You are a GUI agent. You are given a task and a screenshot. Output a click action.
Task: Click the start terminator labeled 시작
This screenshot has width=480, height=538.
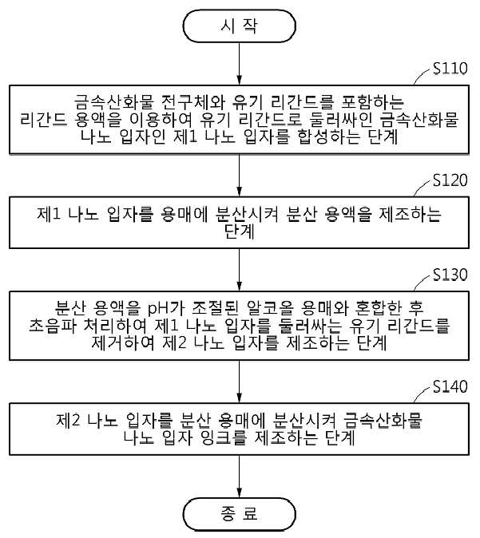(240, 26)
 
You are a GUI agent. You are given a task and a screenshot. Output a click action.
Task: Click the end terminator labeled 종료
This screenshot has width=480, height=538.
(240, 514)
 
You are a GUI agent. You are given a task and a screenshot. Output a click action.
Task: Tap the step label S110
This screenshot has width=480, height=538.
(450, 69)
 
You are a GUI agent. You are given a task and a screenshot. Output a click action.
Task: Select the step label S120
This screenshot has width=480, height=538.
(450, 180)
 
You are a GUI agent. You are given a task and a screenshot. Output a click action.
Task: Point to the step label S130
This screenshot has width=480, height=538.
(450, 275)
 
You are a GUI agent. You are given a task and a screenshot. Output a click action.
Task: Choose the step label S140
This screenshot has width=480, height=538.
(450, 386)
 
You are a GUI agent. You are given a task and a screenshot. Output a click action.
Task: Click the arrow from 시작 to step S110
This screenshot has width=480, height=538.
(240, 64)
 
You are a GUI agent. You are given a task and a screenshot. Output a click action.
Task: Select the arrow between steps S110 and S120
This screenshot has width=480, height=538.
(240, 176)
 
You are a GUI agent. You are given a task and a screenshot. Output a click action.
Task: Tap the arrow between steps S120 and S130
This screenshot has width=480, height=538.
(240, 270)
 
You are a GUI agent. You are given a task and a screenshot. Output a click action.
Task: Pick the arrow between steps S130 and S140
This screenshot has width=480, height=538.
(240, 382)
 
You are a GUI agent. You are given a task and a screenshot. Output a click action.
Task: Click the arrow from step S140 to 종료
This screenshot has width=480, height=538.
(240, 477)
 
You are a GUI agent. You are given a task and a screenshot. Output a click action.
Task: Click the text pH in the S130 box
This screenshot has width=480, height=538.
(157, 309)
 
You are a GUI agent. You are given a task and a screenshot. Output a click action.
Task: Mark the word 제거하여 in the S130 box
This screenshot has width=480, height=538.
(122, 342)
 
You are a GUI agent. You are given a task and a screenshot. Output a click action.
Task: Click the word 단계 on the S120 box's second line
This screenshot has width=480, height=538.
(240, 231)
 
